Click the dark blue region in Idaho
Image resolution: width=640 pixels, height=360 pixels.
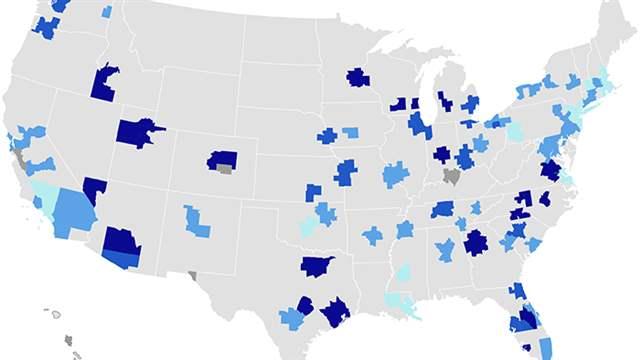pos(105,84)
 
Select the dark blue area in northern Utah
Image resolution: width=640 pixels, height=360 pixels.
pos(137,133)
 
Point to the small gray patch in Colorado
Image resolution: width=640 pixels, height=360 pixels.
pos(225,169)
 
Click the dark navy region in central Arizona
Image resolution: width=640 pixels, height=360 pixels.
pos(121,241)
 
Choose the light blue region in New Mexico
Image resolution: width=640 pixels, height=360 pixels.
pos(196,221)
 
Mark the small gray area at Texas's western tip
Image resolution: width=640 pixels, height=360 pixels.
pos(192,275)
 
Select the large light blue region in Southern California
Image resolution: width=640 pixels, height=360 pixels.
pos(75,210)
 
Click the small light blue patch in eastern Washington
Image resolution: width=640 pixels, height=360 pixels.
pos(106,12)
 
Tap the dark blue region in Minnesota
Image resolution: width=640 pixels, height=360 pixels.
pos(358,78)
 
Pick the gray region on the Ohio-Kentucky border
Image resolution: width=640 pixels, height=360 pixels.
pos(452,176)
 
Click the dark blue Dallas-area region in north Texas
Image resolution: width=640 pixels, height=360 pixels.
pos(317,266)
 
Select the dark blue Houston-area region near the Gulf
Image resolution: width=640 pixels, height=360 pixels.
pos(336,312)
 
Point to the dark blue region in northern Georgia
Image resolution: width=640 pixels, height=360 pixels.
pos(475,242)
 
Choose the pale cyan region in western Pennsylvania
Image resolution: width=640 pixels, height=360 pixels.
pos(514,131)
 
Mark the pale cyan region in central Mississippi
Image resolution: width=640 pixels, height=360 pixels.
pos(404,272)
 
